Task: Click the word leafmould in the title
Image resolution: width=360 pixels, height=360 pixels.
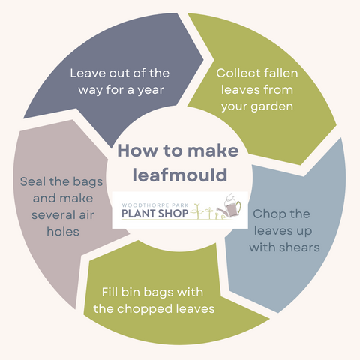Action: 180,175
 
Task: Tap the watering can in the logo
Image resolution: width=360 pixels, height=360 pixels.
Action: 230,206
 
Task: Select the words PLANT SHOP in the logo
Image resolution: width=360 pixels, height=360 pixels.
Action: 154,214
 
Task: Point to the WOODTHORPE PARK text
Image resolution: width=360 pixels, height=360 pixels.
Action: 155,205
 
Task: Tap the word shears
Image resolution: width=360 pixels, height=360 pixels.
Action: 299,247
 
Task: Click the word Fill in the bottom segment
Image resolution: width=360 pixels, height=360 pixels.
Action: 109,292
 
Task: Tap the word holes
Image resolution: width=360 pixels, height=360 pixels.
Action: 63,232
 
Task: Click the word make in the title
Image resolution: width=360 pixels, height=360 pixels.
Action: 213,151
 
